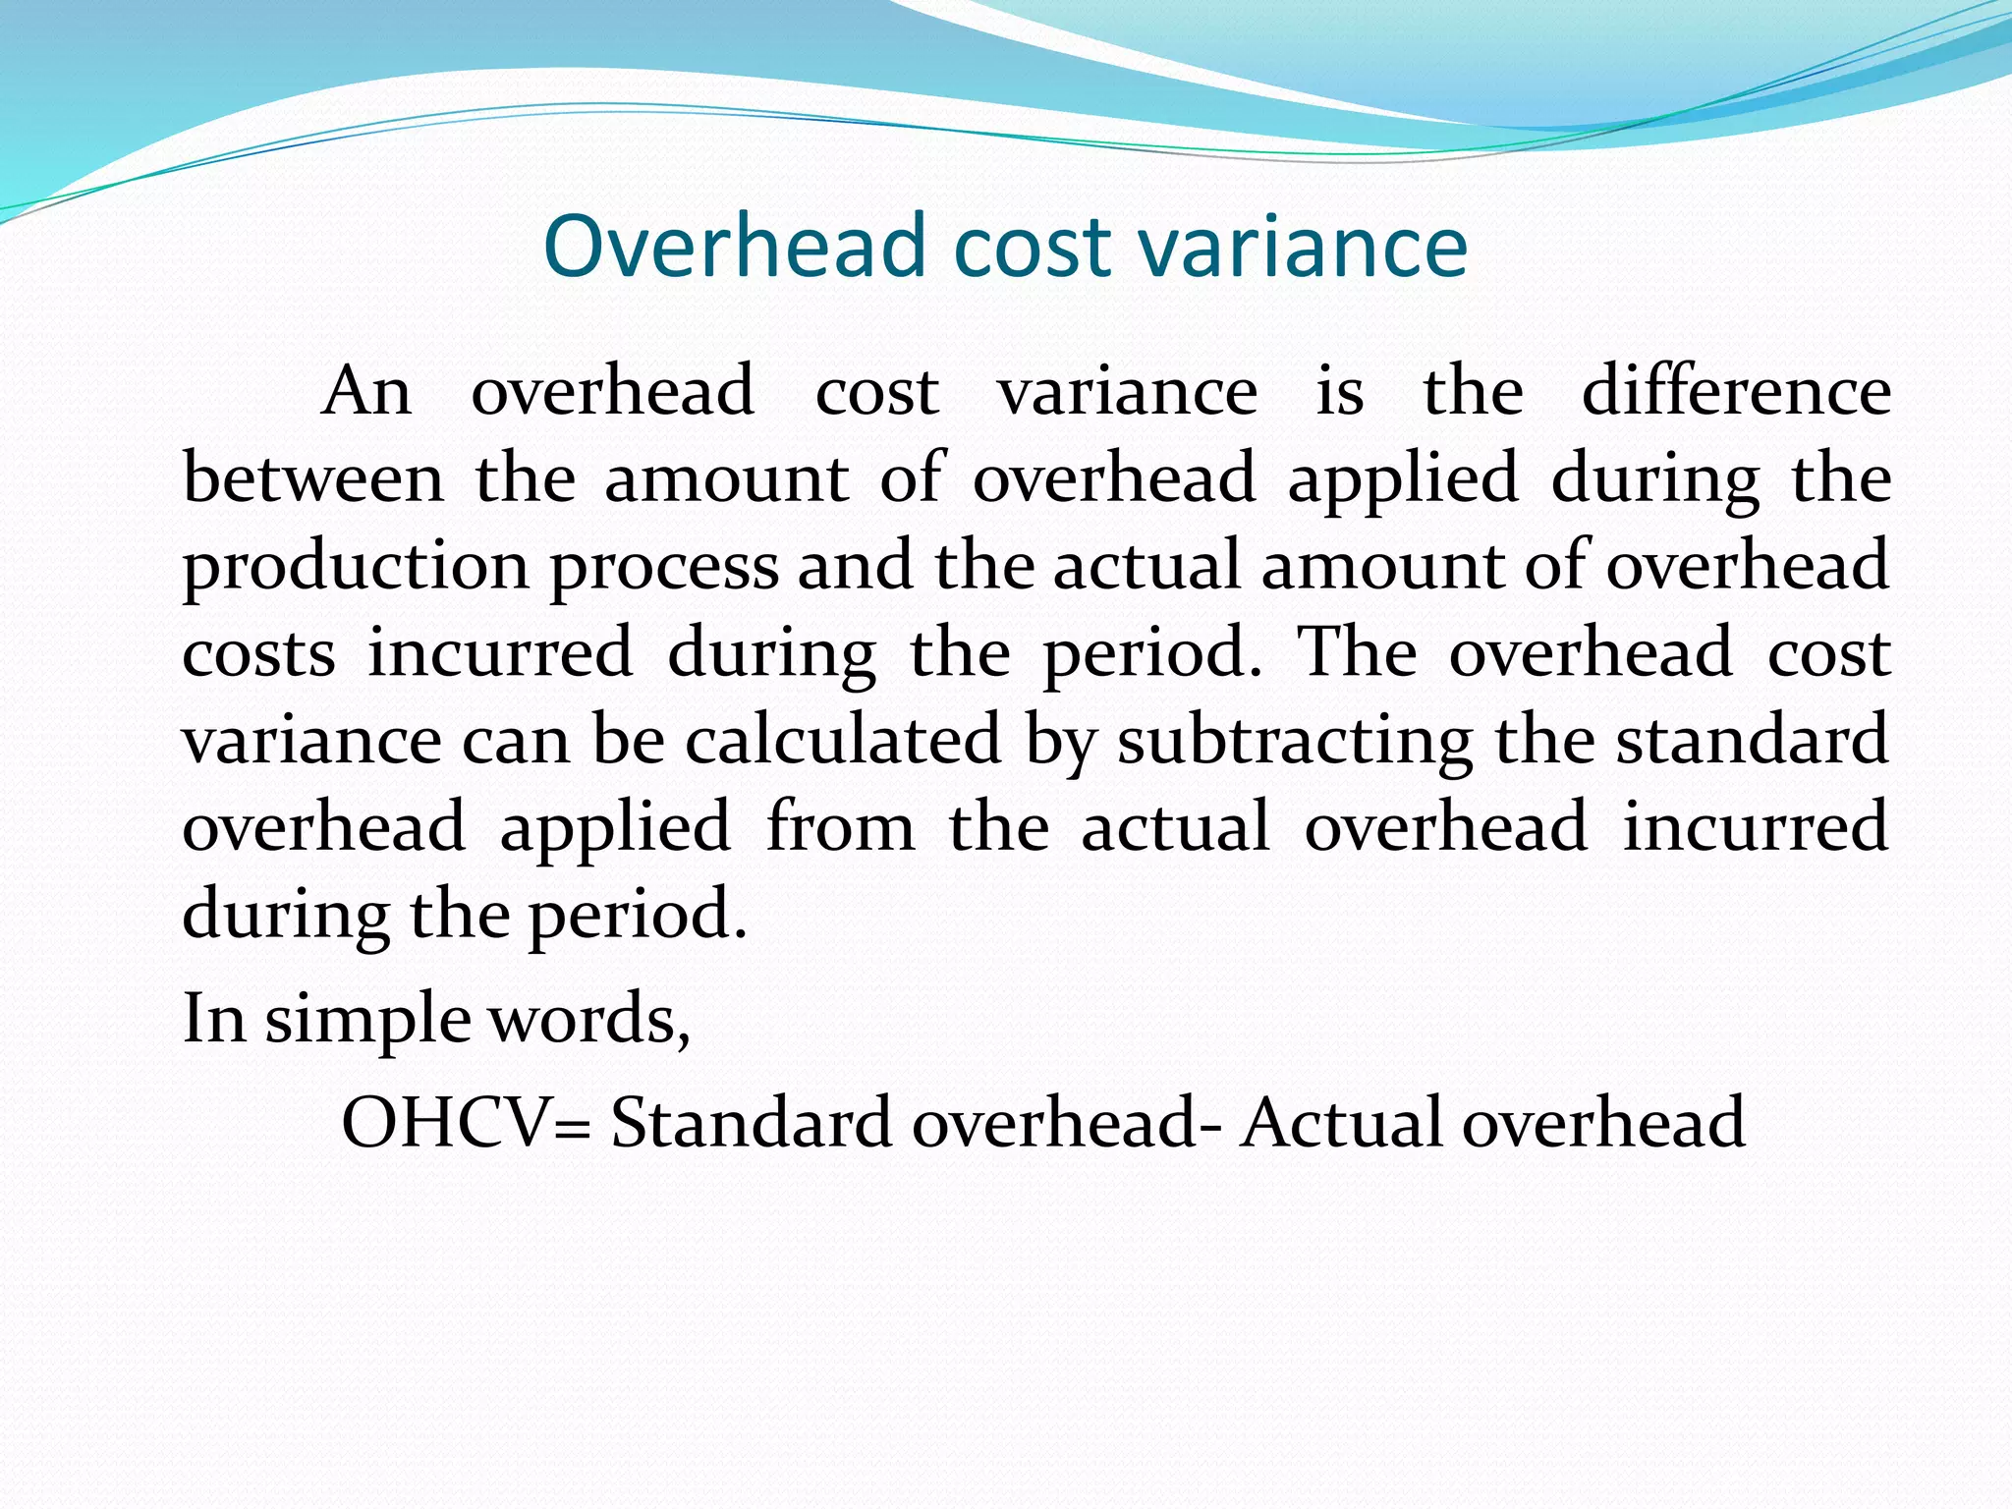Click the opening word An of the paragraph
366,391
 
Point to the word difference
1736,391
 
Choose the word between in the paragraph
313,478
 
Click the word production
357,567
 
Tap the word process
664,567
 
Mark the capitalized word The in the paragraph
1357,652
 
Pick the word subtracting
1295,740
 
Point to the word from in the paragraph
840,827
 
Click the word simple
368,1019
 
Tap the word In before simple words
214,1019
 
